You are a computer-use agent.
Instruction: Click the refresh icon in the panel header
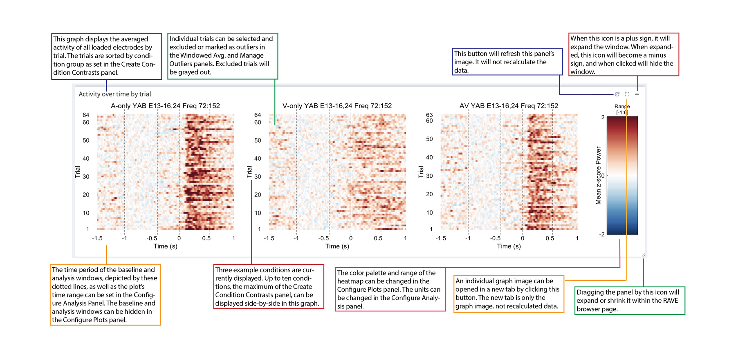(617, 94)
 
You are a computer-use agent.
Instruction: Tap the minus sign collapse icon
(637, 94)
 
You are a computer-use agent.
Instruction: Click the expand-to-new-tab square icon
(627, 94)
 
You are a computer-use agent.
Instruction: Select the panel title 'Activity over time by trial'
(115, 94)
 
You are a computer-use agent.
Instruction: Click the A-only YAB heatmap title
(165, 106)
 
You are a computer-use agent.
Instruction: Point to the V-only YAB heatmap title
(337, 106)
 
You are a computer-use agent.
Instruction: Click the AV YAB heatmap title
(509, 106)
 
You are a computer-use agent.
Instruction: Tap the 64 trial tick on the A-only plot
(86, 115)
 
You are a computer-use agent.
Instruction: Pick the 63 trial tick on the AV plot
(429, 115)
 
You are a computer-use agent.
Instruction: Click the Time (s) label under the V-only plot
(337, 246)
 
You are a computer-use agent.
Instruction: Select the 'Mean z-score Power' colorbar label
(598, 175)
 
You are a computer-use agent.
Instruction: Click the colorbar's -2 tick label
(601, 234)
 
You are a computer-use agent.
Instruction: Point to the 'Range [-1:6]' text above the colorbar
(622, 109)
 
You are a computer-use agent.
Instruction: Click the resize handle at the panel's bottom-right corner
(643, 255)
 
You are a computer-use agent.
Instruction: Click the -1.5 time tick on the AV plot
(440, 238)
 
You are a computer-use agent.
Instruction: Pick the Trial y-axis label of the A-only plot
(77, 172)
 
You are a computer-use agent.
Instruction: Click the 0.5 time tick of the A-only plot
(206, 238)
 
